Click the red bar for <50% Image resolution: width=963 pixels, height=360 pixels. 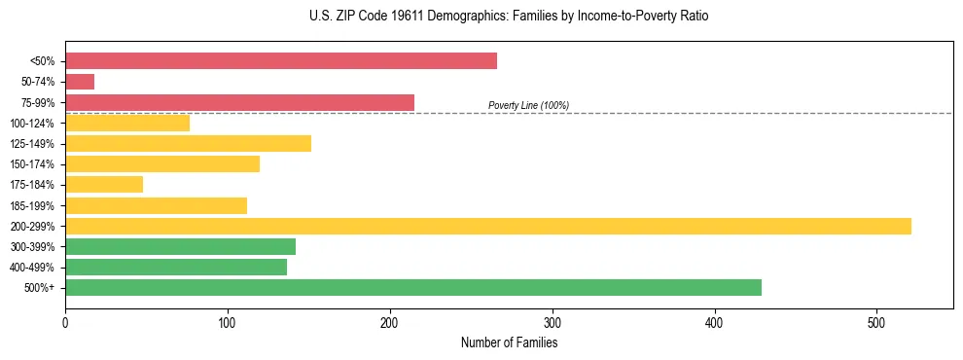point(281,61)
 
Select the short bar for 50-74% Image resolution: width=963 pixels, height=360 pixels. point(80,82)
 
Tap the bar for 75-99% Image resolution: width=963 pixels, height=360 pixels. point(239,102)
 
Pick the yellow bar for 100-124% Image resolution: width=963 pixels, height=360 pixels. point(127,123)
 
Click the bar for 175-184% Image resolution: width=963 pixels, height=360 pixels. point(104,184)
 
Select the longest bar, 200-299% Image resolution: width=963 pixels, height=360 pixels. point(488,226)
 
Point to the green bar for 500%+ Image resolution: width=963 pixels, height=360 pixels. point(413,287)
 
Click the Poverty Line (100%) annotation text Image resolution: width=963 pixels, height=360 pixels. point(528,105)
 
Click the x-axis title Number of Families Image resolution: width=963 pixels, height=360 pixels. point(509,342)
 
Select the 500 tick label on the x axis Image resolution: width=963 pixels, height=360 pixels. point(877,322)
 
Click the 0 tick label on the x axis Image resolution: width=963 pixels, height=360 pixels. point(65,322)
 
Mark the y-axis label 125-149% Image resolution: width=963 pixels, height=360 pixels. point(32,144)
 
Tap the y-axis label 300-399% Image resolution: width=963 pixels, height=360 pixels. point(32,247)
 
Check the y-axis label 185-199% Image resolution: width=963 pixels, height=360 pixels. point(32,205)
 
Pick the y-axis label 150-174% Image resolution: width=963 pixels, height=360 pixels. point(32,164)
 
